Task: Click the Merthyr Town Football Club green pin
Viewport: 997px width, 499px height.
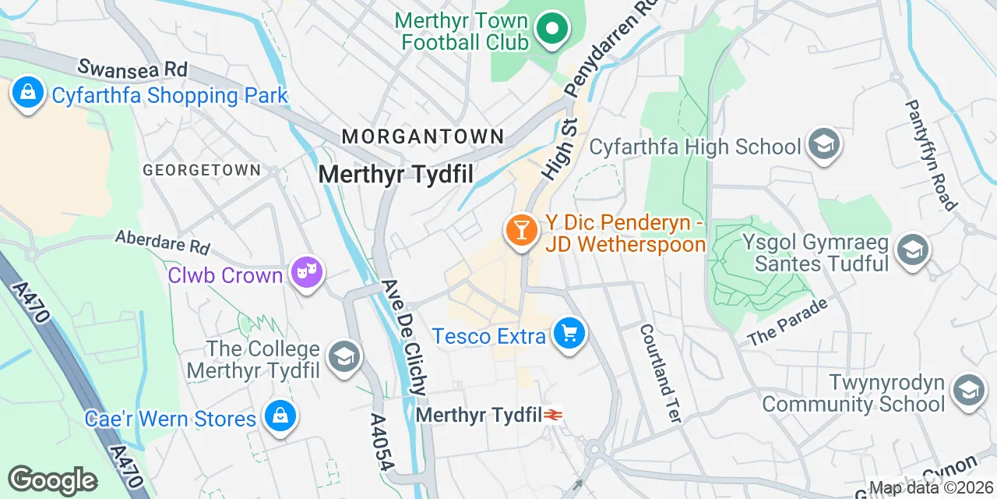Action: point(551,29)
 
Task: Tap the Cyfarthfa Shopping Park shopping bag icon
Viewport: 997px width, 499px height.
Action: point(28,93)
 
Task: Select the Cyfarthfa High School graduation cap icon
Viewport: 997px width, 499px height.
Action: point(823,144)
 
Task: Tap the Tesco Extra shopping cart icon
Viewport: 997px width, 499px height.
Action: point(569,334)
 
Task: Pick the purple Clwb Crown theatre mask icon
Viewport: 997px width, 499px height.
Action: point(307,272)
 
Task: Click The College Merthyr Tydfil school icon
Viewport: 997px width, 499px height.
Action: point(343,357)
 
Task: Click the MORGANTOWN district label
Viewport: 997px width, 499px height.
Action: point(423,136)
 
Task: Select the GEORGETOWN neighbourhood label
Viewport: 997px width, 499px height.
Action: point(201,170)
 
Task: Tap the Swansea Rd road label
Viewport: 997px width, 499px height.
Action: point(132,69)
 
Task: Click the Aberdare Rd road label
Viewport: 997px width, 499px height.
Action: point(163,241)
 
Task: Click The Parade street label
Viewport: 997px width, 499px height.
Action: point(787,322)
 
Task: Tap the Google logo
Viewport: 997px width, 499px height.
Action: point(52,480)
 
